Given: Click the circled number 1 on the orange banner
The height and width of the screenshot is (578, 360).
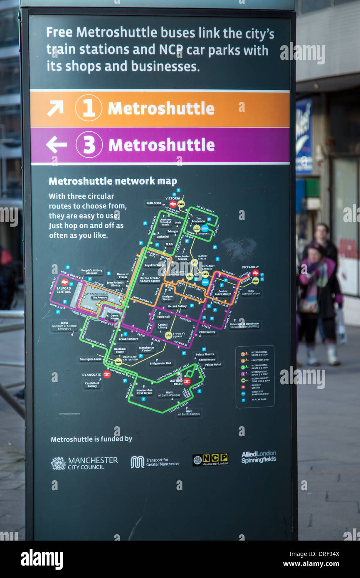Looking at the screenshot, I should pyautogui.click(x=89, y=108).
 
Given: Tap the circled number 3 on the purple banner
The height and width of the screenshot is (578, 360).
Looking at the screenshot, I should pyautogui.click(x=89, y=145).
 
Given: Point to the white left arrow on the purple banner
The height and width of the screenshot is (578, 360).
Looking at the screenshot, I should pyautogui.click(x=56, y=145).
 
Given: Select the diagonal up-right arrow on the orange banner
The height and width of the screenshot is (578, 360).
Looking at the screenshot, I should pyautogui.click(x=55, y=108).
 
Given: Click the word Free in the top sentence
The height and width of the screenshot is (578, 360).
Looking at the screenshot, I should pyautogui.click(x=59, y=32).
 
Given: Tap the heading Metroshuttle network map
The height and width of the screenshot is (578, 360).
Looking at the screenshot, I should pyautogui.click(x=113, y=181).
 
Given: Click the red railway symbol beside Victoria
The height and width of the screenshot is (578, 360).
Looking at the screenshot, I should pyautogui.click(x=173, y=204).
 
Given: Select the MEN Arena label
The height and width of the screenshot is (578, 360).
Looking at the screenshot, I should pyautogui.click(x=154, y=203).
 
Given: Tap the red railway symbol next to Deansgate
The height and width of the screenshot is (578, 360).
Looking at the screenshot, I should pyautogui.click(x=107, y=375).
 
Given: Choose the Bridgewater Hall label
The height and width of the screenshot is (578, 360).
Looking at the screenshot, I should pyautogui.click(x=160, y=363).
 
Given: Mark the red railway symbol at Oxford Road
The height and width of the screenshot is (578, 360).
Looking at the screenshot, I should pyautogui.click(x=187, y=381).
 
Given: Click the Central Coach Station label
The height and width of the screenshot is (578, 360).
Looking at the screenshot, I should pyautogui.click(x=223, y=293).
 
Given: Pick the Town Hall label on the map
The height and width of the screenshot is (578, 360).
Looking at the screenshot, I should pyautogui.click(x=163, y=316).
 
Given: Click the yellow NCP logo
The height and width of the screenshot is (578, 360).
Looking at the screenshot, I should pyautogui.click(x=210, y=459).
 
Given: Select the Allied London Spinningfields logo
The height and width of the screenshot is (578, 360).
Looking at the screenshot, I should pyautogui.click(x=259, y=457).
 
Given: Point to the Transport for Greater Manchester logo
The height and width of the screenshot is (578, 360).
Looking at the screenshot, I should pyautogui.click(x=155, y=462).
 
